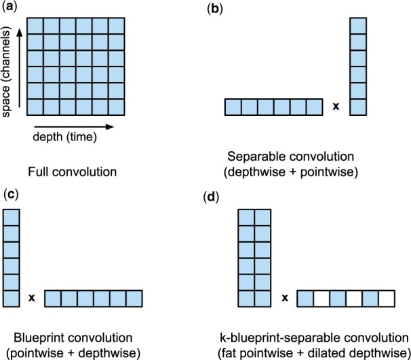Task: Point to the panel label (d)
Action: [x=212, y=197]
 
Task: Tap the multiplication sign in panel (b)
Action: [x=336, y=106]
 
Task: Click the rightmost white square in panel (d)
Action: [x=386, y=298]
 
